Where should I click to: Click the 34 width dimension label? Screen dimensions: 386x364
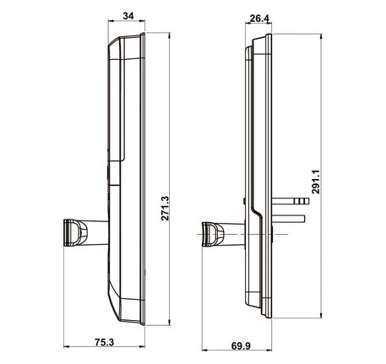(128, 16)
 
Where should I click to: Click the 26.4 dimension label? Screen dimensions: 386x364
(259, 19)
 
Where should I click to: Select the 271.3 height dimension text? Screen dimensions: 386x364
(165, 209)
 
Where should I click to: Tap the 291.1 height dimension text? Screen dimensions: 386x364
(316, 182)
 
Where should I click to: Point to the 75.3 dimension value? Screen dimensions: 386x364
(104, 342)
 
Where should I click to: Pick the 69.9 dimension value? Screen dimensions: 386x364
(241, 345)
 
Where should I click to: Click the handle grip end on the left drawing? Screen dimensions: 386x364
(75, 233)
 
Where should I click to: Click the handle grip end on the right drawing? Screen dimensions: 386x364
(213, 235)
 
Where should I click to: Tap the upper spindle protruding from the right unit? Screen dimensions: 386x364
(291, 201)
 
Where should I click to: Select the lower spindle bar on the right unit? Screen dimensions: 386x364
(288, 219)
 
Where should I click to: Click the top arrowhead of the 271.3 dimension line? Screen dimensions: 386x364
(170, 35)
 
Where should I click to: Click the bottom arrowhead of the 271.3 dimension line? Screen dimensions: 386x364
(170, 323)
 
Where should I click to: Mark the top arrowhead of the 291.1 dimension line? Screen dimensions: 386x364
(321, 36)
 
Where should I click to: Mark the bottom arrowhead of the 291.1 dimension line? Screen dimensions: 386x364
(321, 315)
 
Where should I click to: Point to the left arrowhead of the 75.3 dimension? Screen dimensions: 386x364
(67, 347)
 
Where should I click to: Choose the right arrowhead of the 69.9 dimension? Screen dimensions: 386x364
(269, 350)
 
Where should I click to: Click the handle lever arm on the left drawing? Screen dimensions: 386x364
(97, 232)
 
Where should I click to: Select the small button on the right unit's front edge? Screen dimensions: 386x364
(244, 201)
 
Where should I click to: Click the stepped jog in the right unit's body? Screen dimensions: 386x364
(257, 211)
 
